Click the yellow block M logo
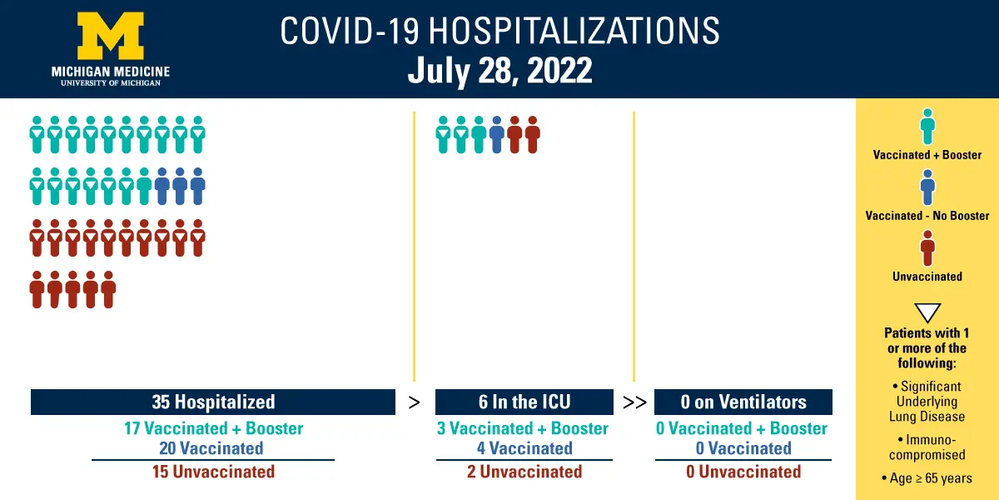tap(111, 36)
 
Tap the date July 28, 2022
tap(500, 71)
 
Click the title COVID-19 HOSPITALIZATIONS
tap(500, 30)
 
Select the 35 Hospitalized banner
tap(213, 402)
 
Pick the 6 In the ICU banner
tap(524, 402)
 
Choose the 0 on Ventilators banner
tap(743, 402)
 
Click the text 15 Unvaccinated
tap(214, 472)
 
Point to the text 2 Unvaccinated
tap(524, 472)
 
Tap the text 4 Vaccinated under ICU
tap(524, 448)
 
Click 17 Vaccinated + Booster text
tap(214, 428)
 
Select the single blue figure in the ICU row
tap(497, 135)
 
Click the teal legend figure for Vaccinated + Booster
tap(927, 127)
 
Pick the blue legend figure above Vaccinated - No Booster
tap(927, 187)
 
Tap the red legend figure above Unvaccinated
tap(927, 248)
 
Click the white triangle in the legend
tap(927, 312)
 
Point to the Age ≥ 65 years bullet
tap(927, 478)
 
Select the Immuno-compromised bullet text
tap(927, 447)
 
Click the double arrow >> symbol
tap(634, 402)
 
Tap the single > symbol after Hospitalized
tap(415, 402)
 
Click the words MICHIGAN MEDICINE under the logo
tap(111, 72)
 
